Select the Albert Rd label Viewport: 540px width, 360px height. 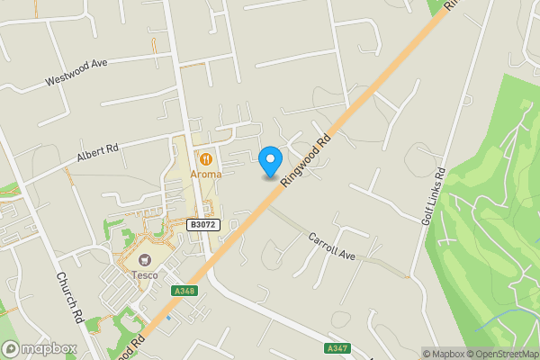tap(98, 153)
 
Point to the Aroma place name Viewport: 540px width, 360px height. tap(205, 174)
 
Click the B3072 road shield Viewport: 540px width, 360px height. tap(204, 224)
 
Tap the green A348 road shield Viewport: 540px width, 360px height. tap(184, 290)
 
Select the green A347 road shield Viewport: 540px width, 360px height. tap(337, 347)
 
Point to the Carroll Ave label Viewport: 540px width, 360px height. tap(332, 247)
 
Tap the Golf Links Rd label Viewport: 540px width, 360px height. tap(433, 199)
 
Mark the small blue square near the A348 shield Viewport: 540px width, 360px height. tap(167, 318)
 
